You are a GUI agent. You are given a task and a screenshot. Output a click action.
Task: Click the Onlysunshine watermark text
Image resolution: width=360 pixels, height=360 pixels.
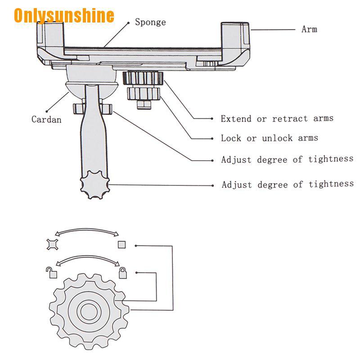click(x=64, y=16)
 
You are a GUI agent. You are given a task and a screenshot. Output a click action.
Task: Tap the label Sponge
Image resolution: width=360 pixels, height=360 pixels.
click(x=150, y=22)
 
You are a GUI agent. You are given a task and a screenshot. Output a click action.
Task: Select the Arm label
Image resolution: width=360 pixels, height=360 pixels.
click(x=309, y=29)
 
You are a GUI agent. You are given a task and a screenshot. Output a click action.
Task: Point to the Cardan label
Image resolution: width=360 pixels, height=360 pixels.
click(x=46, y=119)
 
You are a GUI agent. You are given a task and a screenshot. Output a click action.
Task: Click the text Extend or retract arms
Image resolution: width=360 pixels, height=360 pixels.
click(x=277, y=118)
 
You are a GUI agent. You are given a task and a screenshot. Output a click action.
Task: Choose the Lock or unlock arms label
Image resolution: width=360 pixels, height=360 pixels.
click(x=269, y=138)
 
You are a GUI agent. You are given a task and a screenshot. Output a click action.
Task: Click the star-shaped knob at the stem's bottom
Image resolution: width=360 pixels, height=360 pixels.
click(x=94, y=184)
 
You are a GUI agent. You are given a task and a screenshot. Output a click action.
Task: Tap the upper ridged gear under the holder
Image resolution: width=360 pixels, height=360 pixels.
click(x=143, y=78)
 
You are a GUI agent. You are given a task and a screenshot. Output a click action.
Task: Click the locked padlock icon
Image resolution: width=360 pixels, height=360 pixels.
click(x=122, y=273)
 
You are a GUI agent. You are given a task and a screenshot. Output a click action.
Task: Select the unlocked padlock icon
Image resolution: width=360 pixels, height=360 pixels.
click(x=52, y=273)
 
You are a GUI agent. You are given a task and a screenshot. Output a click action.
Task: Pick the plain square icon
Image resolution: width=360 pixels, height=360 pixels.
click(x=121, y=244)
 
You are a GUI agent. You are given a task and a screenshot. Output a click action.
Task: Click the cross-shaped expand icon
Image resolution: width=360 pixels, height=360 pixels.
click(x=52, y=244)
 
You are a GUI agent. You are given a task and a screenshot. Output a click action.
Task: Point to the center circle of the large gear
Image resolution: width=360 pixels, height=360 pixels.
click(x=89, y=311)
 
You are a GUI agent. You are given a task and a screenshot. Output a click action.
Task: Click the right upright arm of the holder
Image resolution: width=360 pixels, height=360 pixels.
click(x=235, y=36)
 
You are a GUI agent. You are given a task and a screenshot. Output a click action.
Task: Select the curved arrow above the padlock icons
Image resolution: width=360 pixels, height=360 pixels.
click(x=88, y=258)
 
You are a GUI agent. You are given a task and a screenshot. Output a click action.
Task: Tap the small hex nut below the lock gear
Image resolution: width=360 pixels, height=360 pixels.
click(x=144, y=104)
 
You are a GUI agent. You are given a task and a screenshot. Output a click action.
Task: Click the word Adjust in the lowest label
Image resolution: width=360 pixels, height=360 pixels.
click(x=237, y=185)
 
